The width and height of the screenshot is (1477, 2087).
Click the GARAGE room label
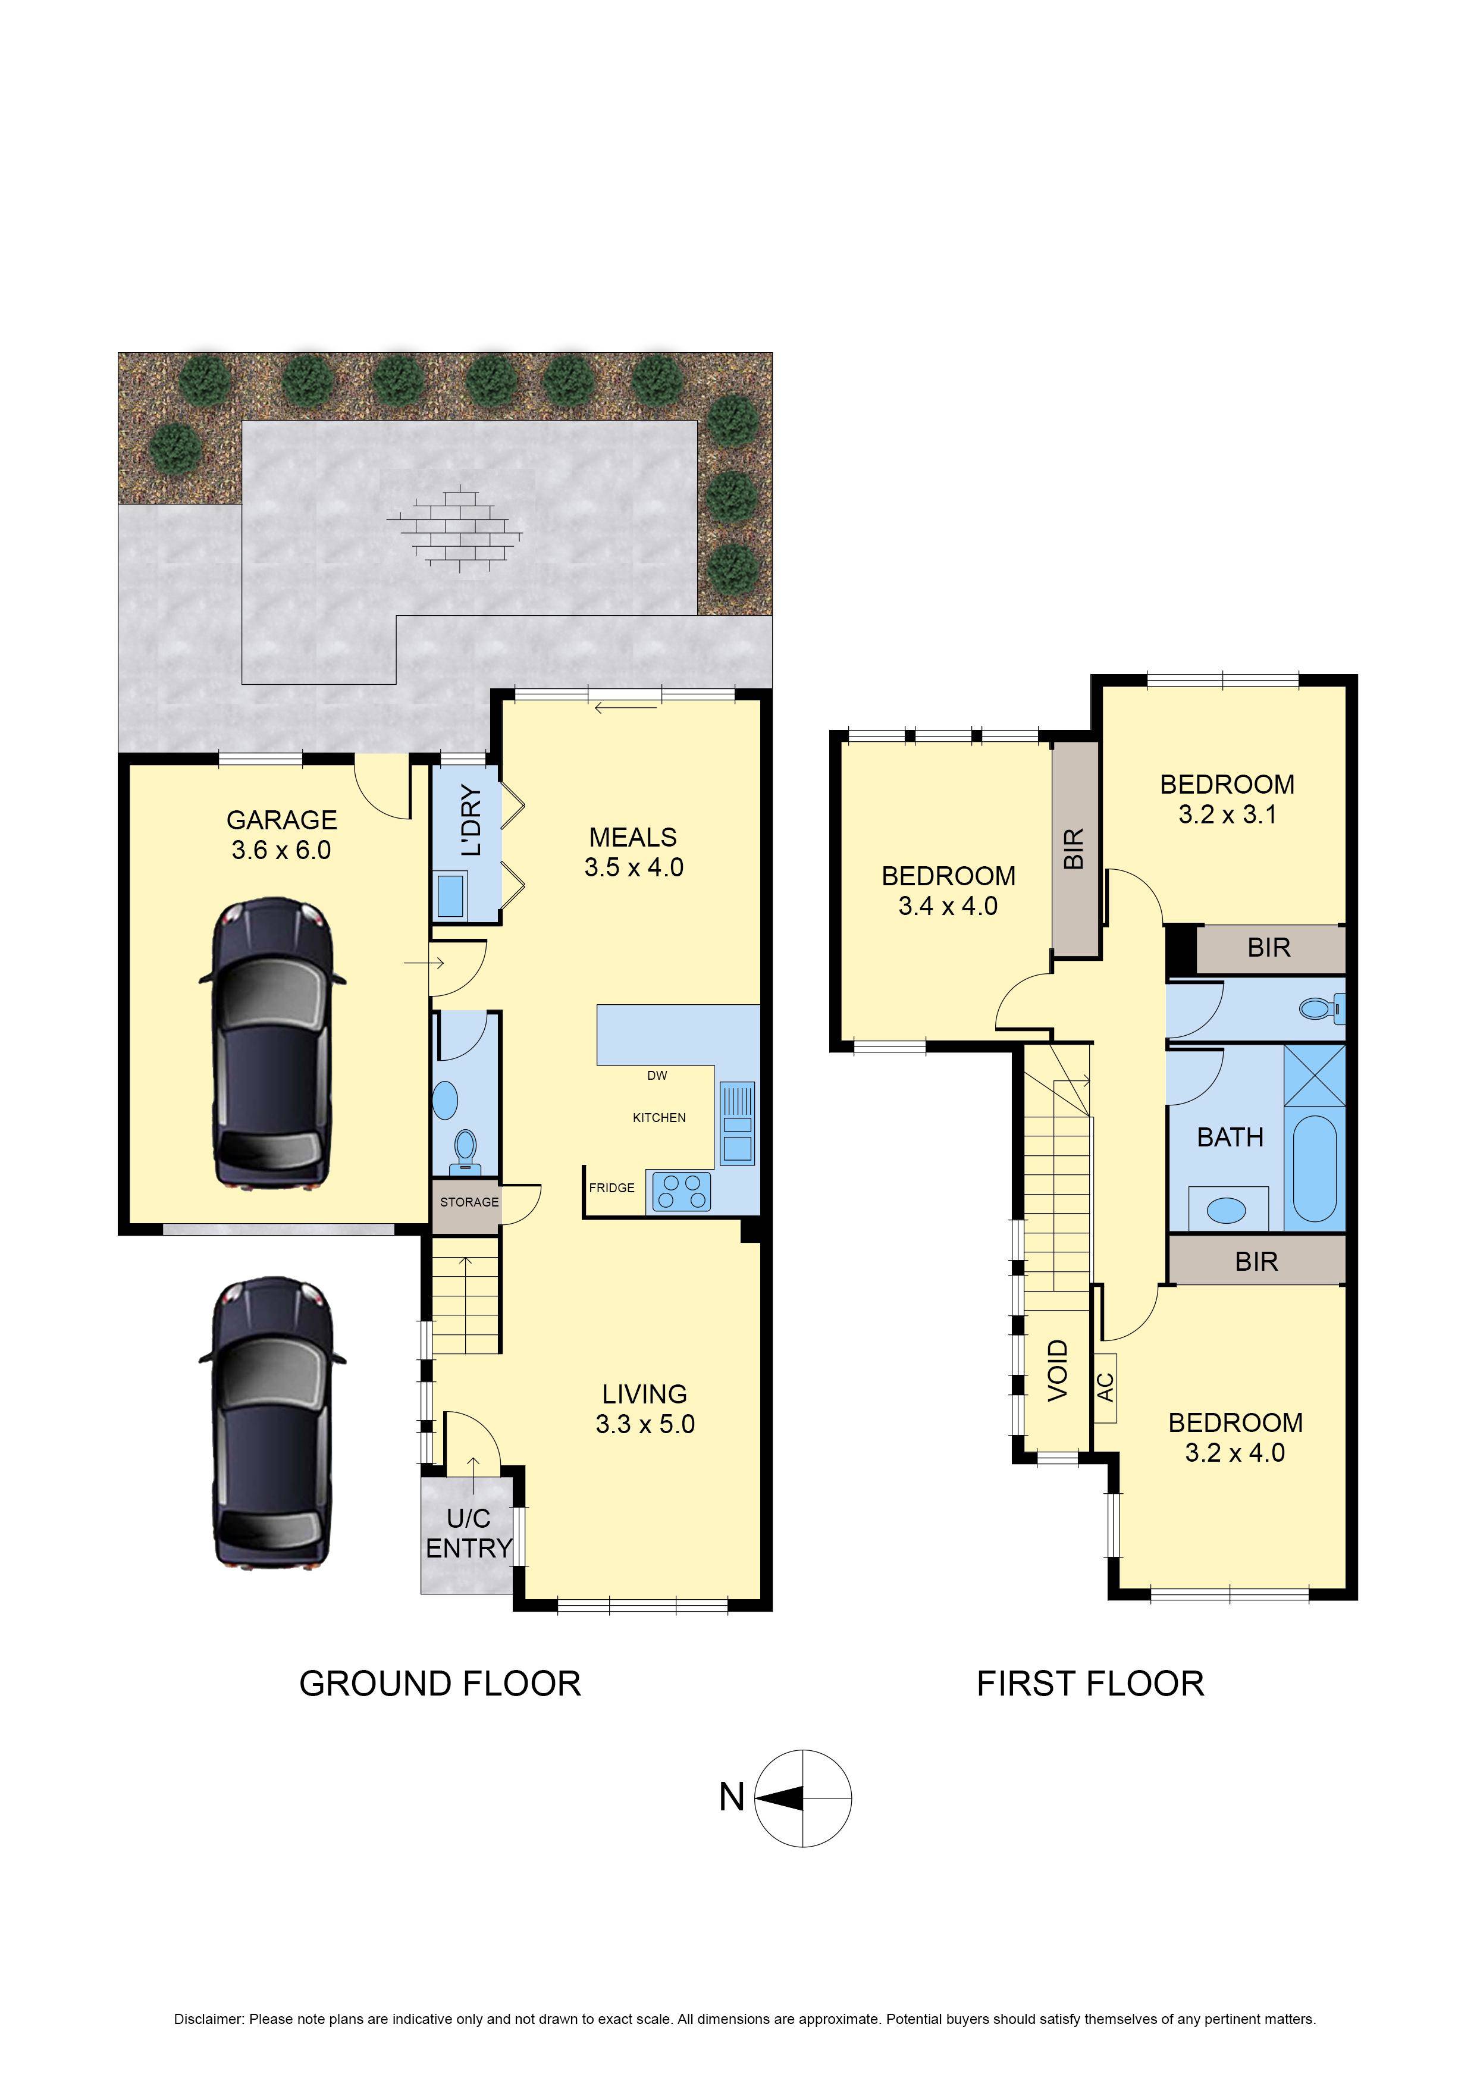click(281, 820)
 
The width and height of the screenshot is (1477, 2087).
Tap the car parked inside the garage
click(272, 1042)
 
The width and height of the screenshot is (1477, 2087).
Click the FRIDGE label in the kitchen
click(611, 1187)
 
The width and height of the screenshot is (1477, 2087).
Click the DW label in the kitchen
click(657, 1076)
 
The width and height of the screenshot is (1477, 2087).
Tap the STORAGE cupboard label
click(469, 1202)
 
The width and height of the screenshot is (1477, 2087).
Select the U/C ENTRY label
click(468, 1533)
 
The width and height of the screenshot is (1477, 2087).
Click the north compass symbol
click(803, 1798)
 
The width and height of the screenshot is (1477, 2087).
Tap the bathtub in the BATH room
click(1313, 1168)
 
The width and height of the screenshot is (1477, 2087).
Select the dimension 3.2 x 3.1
click(1227, 815)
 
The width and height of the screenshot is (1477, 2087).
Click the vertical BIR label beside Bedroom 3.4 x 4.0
click(1074, 848)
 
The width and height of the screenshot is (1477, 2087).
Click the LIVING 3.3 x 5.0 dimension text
click(645, 1425)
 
